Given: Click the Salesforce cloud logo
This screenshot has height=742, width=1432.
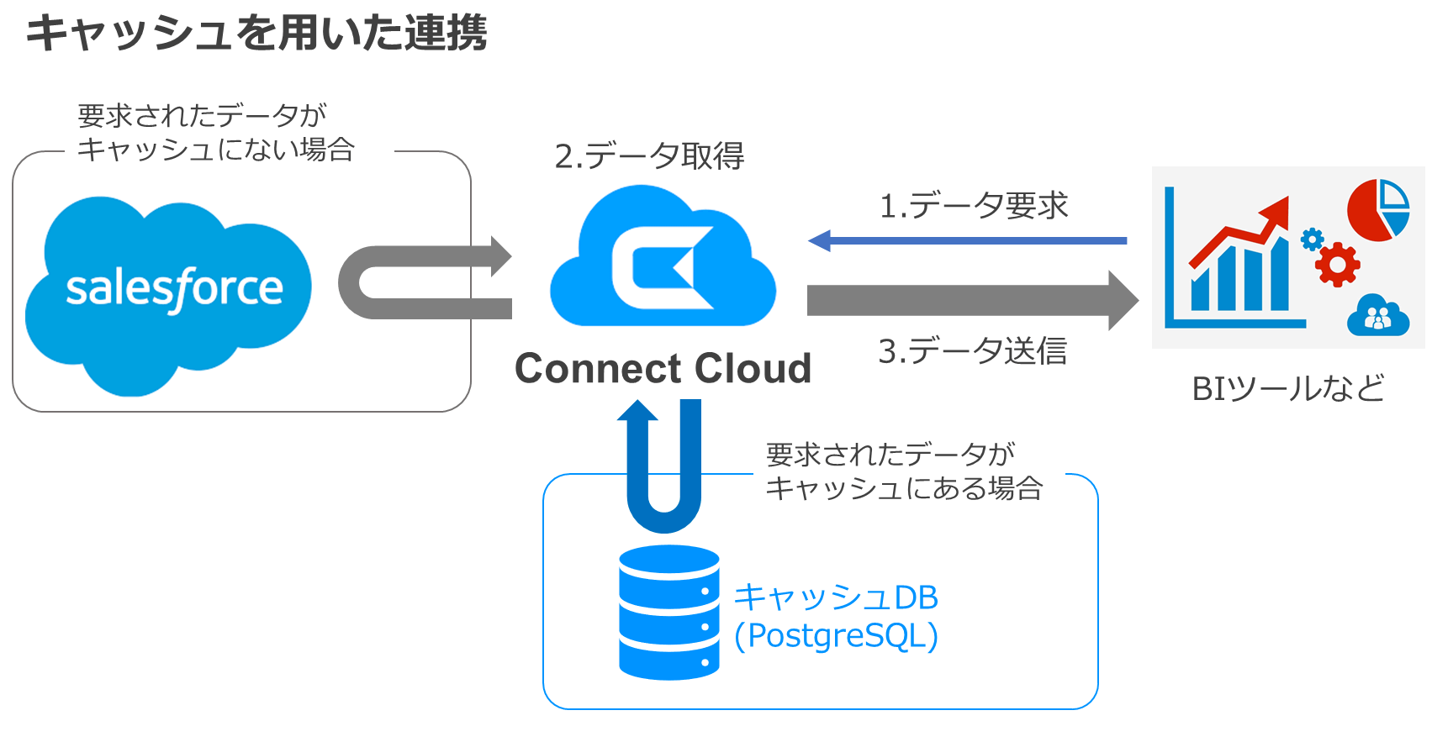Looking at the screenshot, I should tap(168, 290).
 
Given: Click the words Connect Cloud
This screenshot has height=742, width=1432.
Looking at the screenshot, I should tap(663, 368).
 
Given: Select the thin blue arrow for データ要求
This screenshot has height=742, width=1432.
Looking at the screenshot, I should tap(967, 241).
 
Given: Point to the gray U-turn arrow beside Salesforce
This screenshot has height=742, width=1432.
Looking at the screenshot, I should tap(420, 282).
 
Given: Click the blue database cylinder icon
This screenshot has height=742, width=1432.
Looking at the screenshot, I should tap(669, 612).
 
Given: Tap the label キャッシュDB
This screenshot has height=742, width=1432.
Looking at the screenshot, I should tap(836, 597).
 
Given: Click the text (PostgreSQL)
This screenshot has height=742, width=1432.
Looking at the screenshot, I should tap(836, 635).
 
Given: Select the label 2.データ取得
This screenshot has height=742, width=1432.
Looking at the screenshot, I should tap(649, 156).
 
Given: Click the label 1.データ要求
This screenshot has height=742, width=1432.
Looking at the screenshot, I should tap(974, 206).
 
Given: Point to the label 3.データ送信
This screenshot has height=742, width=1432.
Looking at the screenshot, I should tap(973, 351).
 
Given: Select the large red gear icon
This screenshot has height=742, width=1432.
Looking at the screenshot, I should tap(1337, 266).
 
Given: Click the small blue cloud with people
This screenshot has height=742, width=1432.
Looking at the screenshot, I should tap(1378, 316).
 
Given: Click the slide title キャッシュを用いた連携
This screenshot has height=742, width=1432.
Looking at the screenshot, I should tap(256, 34).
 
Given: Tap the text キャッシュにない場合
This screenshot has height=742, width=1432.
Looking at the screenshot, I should tap(216, 150).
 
